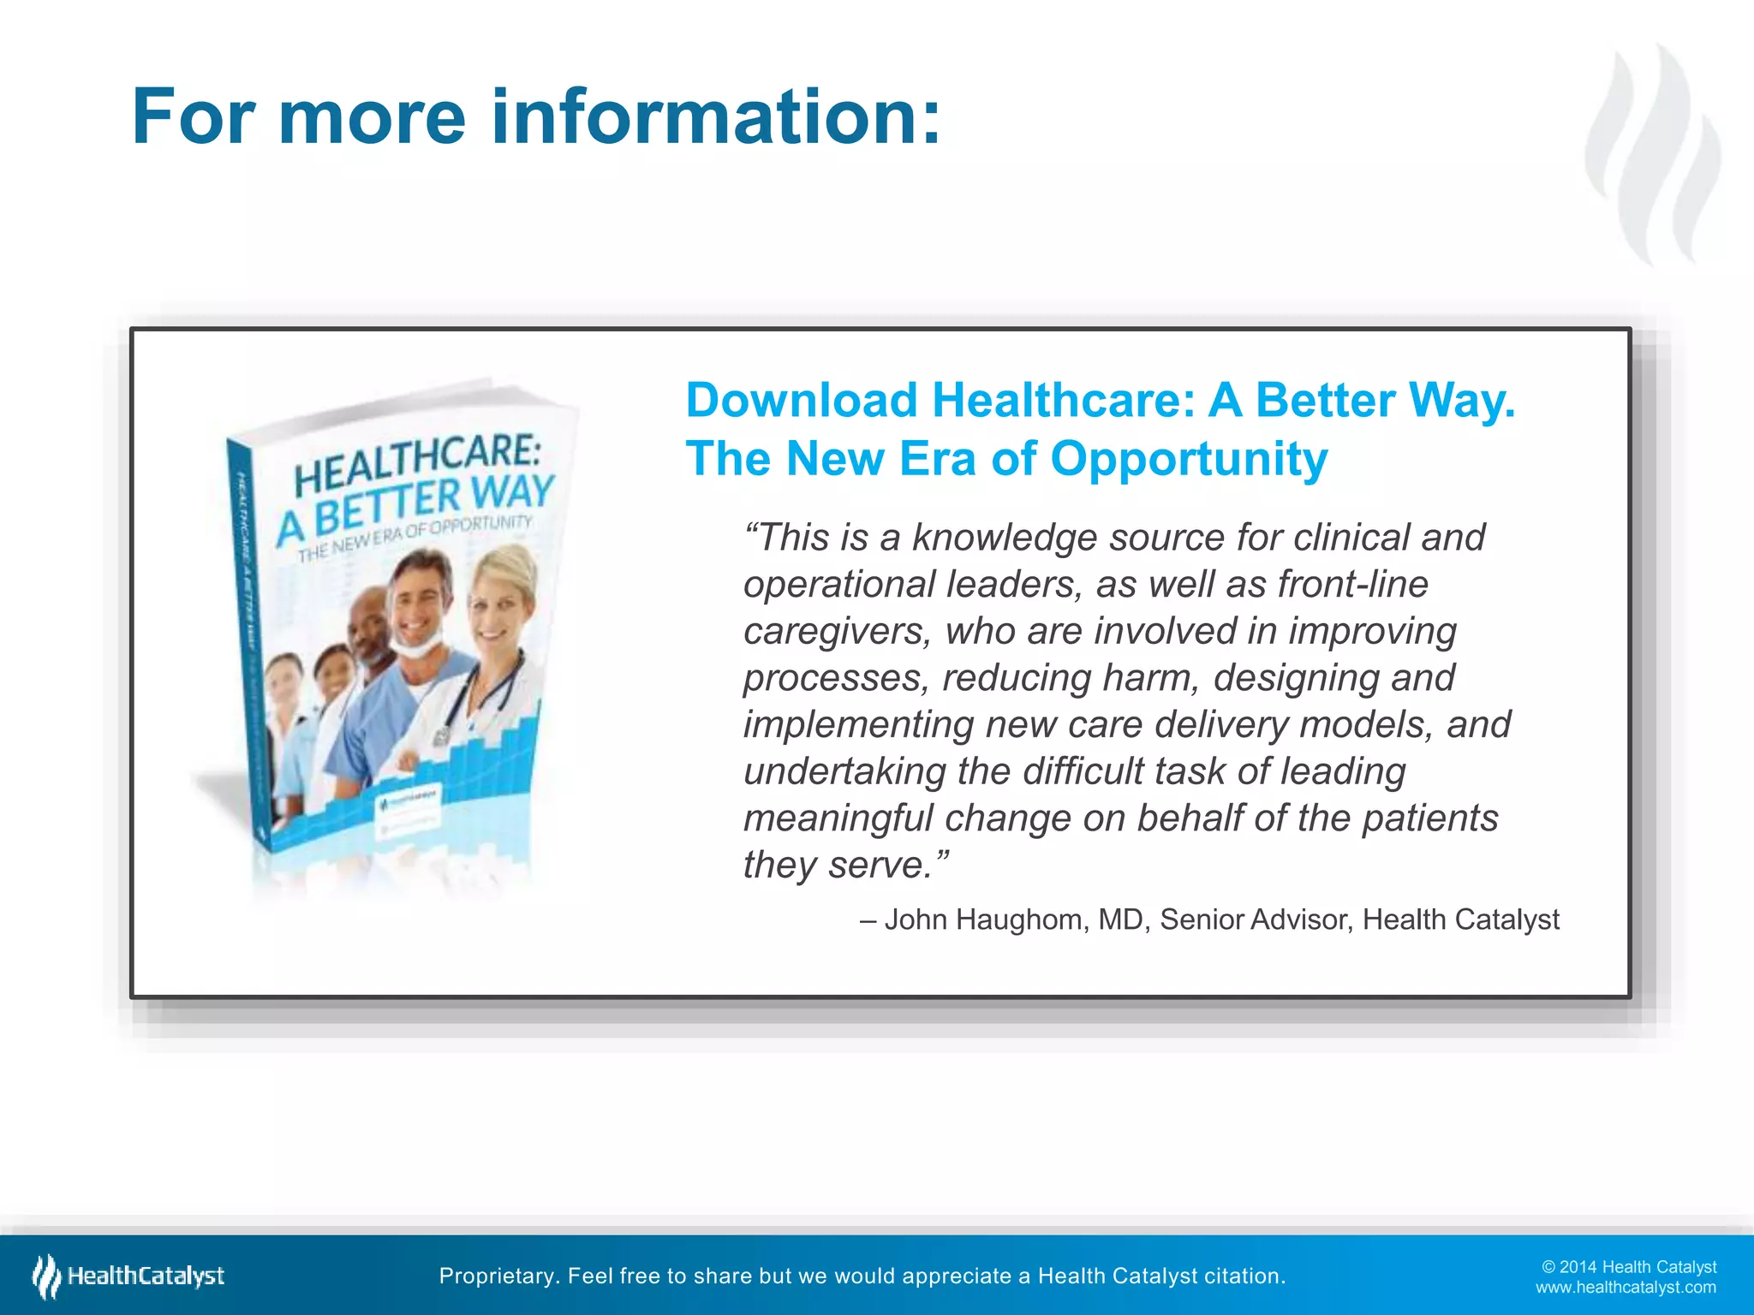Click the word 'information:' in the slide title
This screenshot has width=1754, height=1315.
715,117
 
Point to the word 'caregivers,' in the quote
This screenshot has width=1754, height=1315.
837,632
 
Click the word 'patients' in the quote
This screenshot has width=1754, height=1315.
1429,818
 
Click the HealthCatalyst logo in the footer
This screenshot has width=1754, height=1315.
128,1276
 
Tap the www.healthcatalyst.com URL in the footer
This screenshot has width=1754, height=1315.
1625,1288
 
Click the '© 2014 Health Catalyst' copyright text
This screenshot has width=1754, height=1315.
1628,1267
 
